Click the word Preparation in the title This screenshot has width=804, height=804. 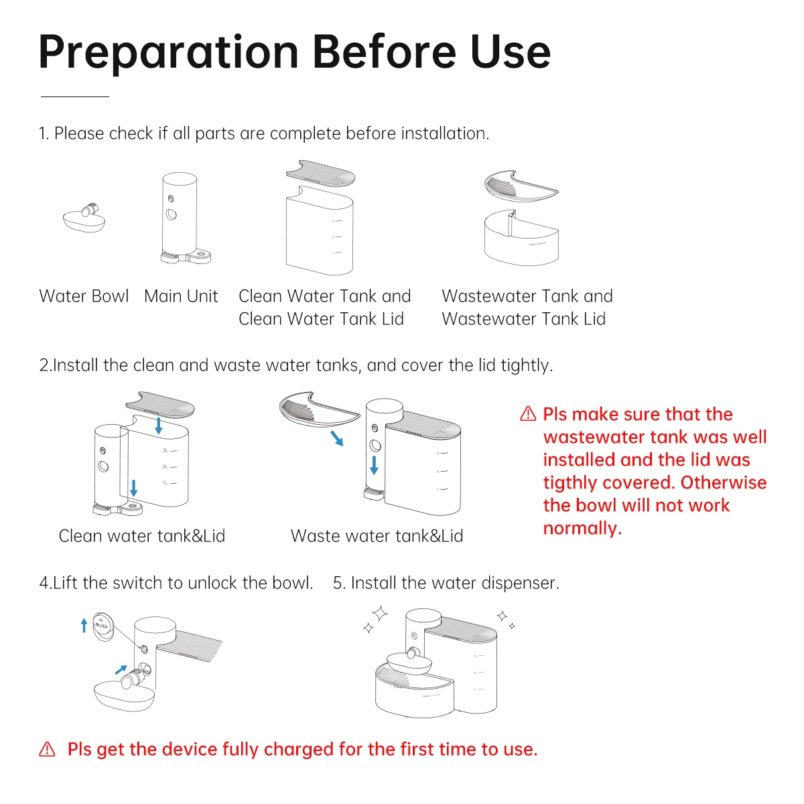tap(169, 53)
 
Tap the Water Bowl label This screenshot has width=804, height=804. tap(84, 296)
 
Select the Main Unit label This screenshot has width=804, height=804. tap(181, 296)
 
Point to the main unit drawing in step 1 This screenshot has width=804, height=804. tap(184, 218)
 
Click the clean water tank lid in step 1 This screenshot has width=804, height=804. tap(320, 173)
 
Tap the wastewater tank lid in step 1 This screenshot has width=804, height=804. tap(521, 186)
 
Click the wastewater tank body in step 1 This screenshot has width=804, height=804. tap(521, 239)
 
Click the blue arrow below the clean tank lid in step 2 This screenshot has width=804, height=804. tap(159, 426)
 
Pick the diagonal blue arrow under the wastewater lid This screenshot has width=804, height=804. tap(337, 438)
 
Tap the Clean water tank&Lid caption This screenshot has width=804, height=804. tap(142, 536)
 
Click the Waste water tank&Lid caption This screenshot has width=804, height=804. tap(377, 536)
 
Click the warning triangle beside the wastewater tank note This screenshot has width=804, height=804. tap(528, 414)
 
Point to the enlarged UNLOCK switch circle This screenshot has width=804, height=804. tap(103, 626)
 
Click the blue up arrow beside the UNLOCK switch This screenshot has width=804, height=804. tap(84, 625)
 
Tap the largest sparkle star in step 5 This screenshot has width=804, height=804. tap(380, 613)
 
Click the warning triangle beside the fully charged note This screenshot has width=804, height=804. tap(47, 749)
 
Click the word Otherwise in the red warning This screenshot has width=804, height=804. tap(724, 482)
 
